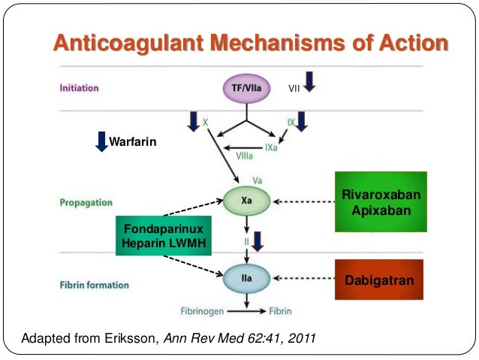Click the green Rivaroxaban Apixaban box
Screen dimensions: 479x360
click(381, 202)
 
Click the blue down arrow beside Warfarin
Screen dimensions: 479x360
click(101, 141)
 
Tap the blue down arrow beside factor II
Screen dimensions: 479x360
click(258, 241)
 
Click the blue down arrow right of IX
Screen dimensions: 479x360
click(302, 120)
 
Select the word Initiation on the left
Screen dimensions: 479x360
click(78, 89)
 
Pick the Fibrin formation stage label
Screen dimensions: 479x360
click(94, 286)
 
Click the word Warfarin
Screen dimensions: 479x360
click(133, 141)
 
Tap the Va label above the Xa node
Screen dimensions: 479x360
click(258, 180)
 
